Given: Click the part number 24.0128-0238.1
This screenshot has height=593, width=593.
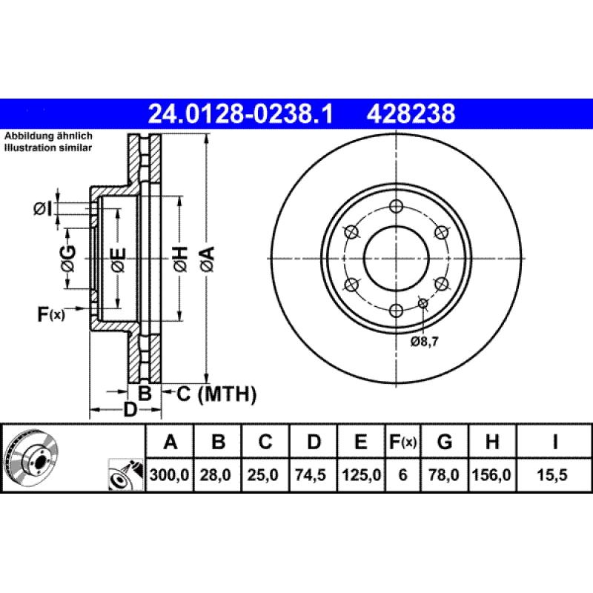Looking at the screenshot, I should pos(242,113).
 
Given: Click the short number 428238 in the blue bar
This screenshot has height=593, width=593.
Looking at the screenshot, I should pos(410,113).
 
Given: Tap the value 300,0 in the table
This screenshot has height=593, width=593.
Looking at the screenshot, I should pos(170,475).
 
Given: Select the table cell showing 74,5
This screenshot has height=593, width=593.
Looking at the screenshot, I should pos(314,475).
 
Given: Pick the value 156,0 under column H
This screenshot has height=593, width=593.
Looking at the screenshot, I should pos(491,475).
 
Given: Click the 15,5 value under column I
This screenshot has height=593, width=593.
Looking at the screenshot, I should pos(555,475).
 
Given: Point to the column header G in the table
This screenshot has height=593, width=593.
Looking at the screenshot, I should pos(444,443).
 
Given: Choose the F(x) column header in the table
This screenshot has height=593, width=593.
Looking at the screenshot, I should pos(402,443).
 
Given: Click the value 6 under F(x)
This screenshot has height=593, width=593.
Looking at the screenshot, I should pos(402,475).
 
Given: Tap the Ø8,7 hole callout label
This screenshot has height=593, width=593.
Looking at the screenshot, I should pos(425,342).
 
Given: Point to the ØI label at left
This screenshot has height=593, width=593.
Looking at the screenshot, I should pos(44,210).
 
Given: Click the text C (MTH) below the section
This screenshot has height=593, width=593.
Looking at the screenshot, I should pos(216,394).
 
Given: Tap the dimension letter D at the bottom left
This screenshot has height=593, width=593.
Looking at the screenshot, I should pos(130,410).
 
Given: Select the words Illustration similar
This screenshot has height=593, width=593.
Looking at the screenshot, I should pos(49,148).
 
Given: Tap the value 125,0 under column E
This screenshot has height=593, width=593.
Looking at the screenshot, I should pos(360,475).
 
